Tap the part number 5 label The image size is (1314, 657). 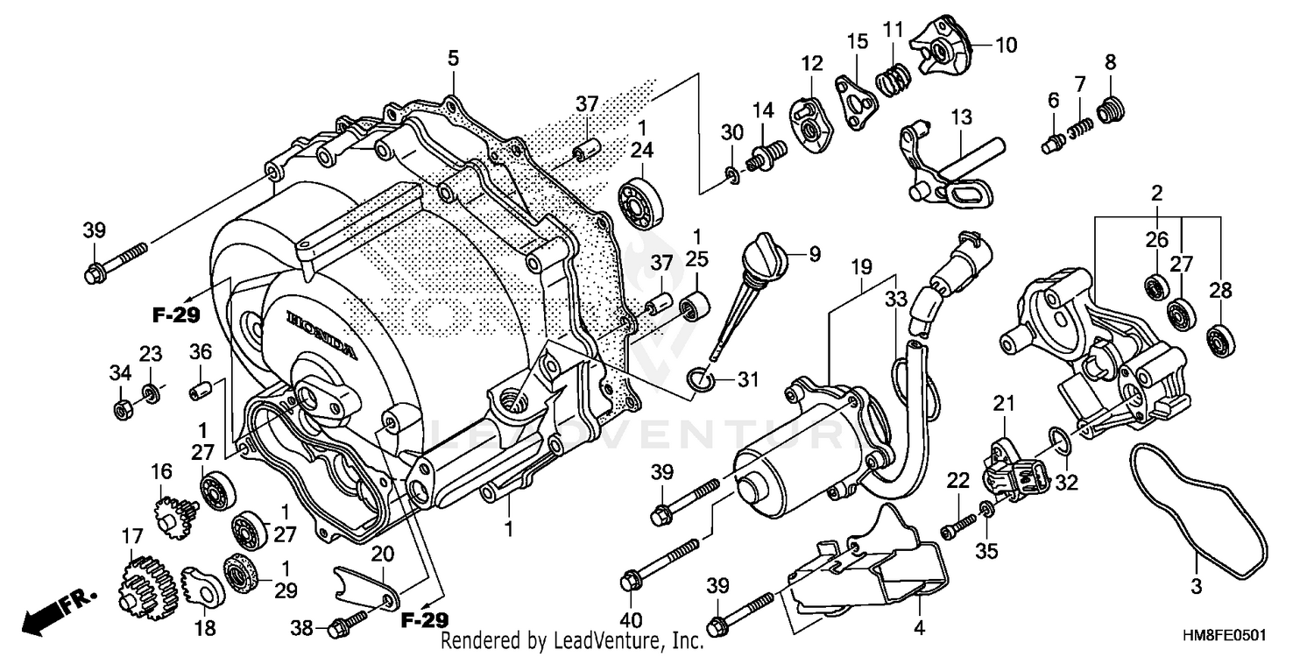(x=452, y=59)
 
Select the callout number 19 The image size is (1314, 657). (x=861, y=264)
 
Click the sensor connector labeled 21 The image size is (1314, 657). (x=1012, y=470)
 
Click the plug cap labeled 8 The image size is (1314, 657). (x=1111, y=111)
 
